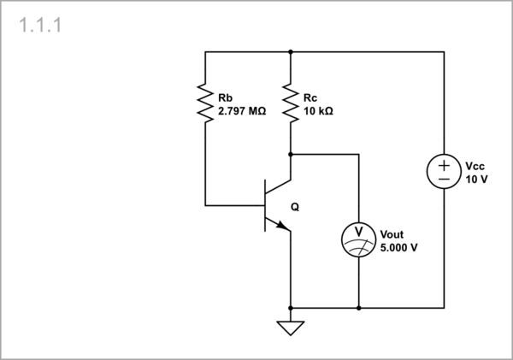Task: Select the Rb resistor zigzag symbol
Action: pyautogui.click(x=205, y=103)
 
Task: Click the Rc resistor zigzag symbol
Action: pyautogui.click(x=291, y=103)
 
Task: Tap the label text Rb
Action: pyautogui.click(x=226, y=97)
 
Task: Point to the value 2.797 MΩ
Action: pyautogui.click(x=242, y=111)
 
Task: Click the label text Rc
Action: pyautogui.click(x=310, y=97)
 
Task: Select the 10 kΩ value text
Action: pyautogui.click(x=318, y=111)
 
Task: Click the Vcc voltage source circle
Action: pyautogui.click(x=444, y=171)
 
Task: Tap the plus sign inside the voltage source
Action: pyautogui.click(x=444, y=163)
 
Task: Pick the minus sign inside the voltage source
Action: pyautogui.click(x=444, y=180)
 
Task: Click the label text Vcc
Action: pyautogui.click(x=475, y=166)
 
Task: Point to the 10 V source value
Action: pyautogui.click(x=476, y=180)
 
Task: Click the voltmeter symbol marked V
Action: pyautogui.click(x=358, y=239)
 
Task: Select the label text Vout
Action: pyautogui.click(x=392, y=234)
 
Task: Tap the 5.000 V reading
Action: pyautogui.click(x=398, y=248)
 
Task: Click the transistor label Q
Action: pyautogui.click(x=295, y=207)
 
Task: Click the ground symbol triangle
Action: pyautogui.click(x=291, y=327)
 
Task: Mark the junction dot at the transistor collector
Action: pyautogui.click(x=291, y=155)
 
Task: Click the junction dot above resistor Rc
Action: pyautogui.click(x=291, y=51)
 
